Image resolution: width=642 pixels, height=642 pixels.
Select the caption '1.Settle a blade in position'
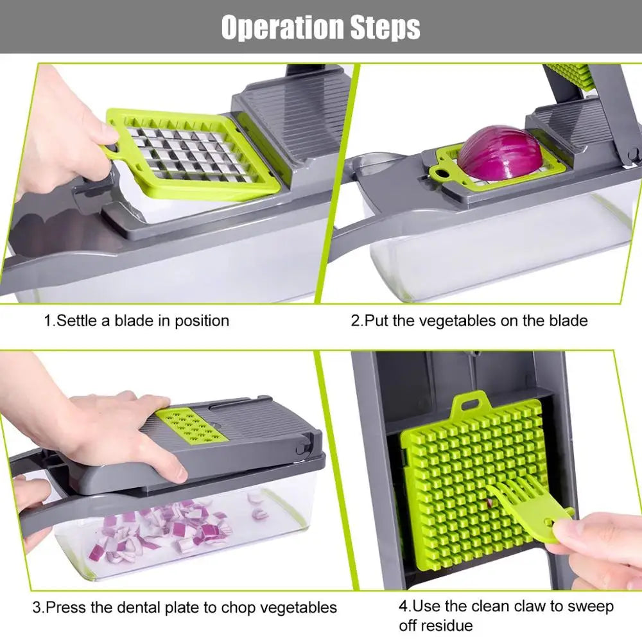(136, 320)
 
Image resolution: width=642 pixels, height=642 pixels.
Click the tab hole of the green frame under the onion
(442, 171)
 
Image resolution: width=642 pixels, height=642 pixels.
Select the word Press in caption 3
(65, 607)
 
